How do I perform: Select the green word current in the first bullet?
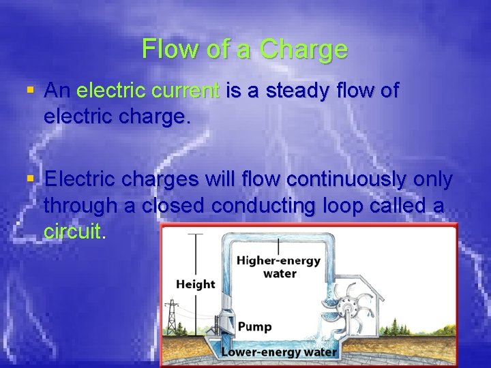coord(186,90)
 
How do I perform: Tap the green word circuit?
coord(72,231)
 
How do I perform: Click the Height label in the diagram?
coord(195,284)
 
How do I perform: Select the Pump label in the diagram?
coord(255,326)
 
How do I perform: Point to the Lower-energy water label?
coord(279,352)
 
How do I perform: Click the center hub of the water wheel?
coord(355,311)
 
